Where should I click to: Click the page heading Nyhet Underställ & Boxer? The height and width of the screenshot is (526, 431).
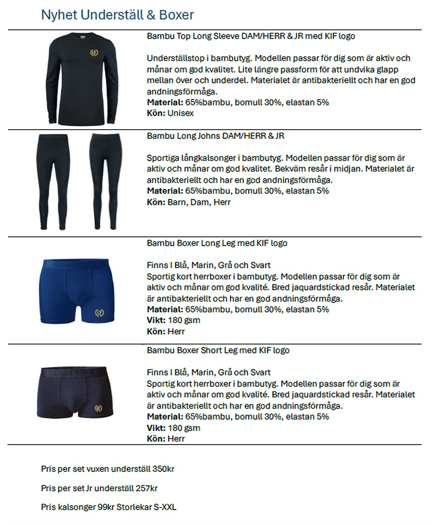coord(117,15)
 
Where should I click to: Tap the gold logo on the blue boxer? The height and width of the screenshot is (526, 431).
coord(99,313)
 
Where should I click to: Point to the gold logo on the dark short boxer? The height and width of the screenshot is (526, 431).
coord(98,407)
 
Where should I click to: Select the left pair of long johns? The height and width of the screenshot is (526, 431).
coord(53,181)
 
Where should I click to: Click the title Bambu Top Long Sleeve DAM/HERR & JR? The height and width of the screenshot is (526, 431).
coord(251,36)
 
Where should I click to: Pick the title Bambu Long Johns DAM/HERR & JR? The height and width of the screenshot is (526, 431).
coord(215,136)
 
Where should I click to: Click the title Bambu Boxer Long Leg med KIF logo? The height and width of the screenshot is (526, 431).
coord(217,243)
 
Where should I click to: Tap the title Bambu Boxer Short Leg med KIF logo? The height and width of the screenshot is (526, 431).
coord(218,350)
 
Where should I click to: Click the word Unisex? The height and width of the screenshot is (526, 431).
coord(181,114)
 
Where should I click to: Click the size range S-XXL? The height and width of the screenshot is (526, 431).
coord(165,507)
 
